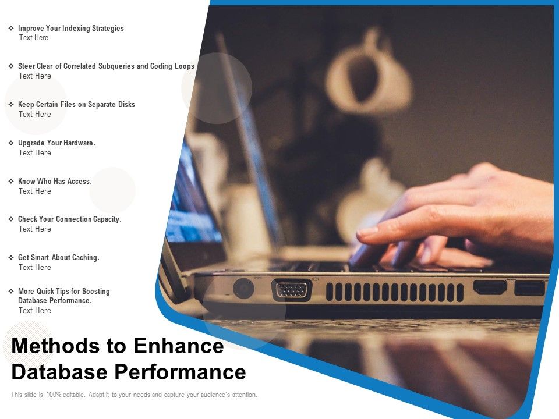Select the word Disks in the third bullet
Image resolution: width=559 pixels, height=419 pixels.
tap(125, 105)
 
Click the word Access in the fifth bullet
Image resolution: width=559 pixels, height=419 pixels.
tap(79, 182)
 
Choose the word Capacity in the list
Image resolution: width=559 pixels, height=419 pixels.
tap(103, 219)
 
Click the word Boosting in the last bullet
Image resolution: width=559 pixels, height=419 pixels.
tap(96, 292)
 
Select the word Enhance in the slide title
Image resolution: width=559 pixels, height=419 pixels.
tap(178, 346)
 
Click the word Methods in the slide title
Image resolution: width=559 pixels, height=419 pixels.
tap(55, 346)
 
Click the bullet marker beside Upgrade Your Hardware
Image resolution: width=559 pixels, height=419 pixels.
tap(11, 143)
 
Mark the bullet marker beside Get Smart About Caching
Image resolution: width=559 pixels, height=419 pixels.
tap(11, 258)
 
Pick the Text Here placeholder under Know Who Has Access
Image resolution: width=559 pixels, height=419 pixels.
tap(34, 191)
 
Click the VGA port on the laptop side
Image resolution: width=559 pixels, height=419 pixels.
tap(292, 289)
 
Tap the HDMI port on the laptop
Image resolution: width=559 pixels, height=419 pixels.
tap(490, 287)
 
